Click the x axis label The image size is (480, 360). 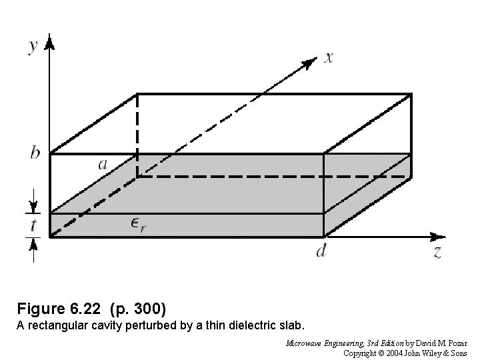pos(329,57)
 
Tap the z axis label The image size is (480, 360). pos(437,252)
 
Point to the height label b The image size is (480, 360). pos(35,153)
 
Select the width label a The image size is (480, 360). pos(104,163)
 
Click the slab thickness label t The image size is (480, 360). pos(33,225)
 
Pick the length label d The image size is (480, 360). pos(321,251)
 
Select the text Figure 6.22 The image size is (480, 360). pos(57,309)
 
